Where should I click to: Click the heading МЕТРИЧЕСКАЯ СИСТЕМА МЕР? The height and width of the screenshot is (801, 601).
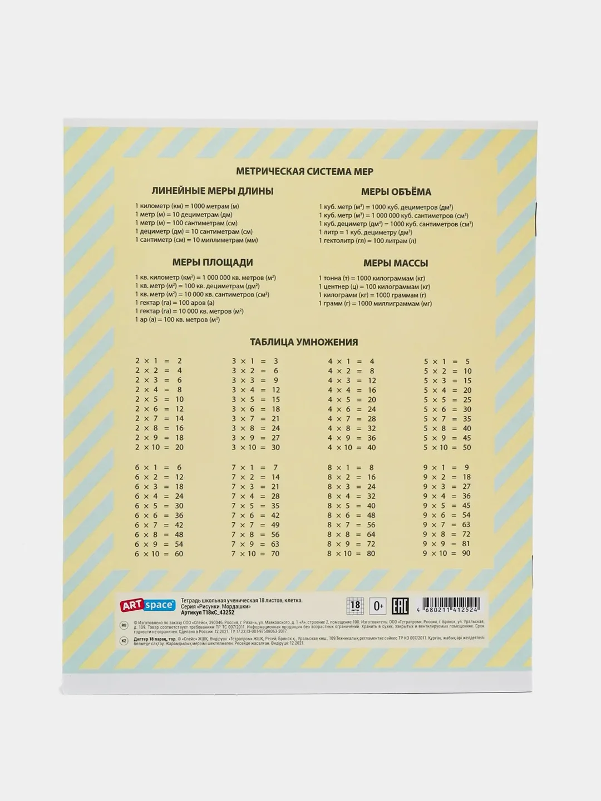[x=304, y=171]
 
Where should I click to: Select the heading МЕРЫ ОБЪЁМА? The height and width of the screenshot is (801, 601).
[x=396, y=192]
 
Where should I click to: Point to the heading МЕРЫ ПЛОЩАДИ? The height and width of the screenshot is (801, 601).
[x=213, y=263]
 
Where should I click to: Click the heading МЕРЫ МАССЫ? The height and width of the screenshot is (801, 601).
[x=396, y=263]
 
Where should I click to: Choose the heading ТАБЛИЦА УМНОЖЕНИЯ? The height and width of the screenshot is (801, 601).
[x=304, y=342]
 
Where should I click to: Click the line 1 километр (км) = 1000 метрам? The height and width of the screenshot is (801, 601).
[x=187, y=206]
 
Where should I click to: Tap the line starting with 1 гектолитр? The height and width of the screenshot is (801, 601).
[x=367, y=241]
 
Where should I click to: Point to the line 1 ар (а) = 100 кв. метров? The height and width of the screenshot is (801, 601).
[x=177, y=320]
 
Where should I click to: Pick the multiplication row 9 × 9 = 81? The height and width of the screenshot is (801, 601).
[x=446, y=544]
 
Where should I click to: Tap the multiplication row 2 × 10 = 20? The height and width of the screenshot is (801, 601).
[x=159, y=447]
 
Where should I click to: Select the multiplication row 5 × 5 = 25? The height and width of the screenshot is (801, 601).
[x=447, y=400]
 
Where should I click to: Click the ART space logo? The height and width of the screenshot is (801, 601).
[x=148, y=605]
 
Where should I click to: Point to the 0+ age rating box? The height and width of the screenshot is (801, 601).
[x=378, y=605]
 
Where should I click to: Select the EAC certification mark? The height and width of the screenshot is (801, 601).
[x=400, y=605]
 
